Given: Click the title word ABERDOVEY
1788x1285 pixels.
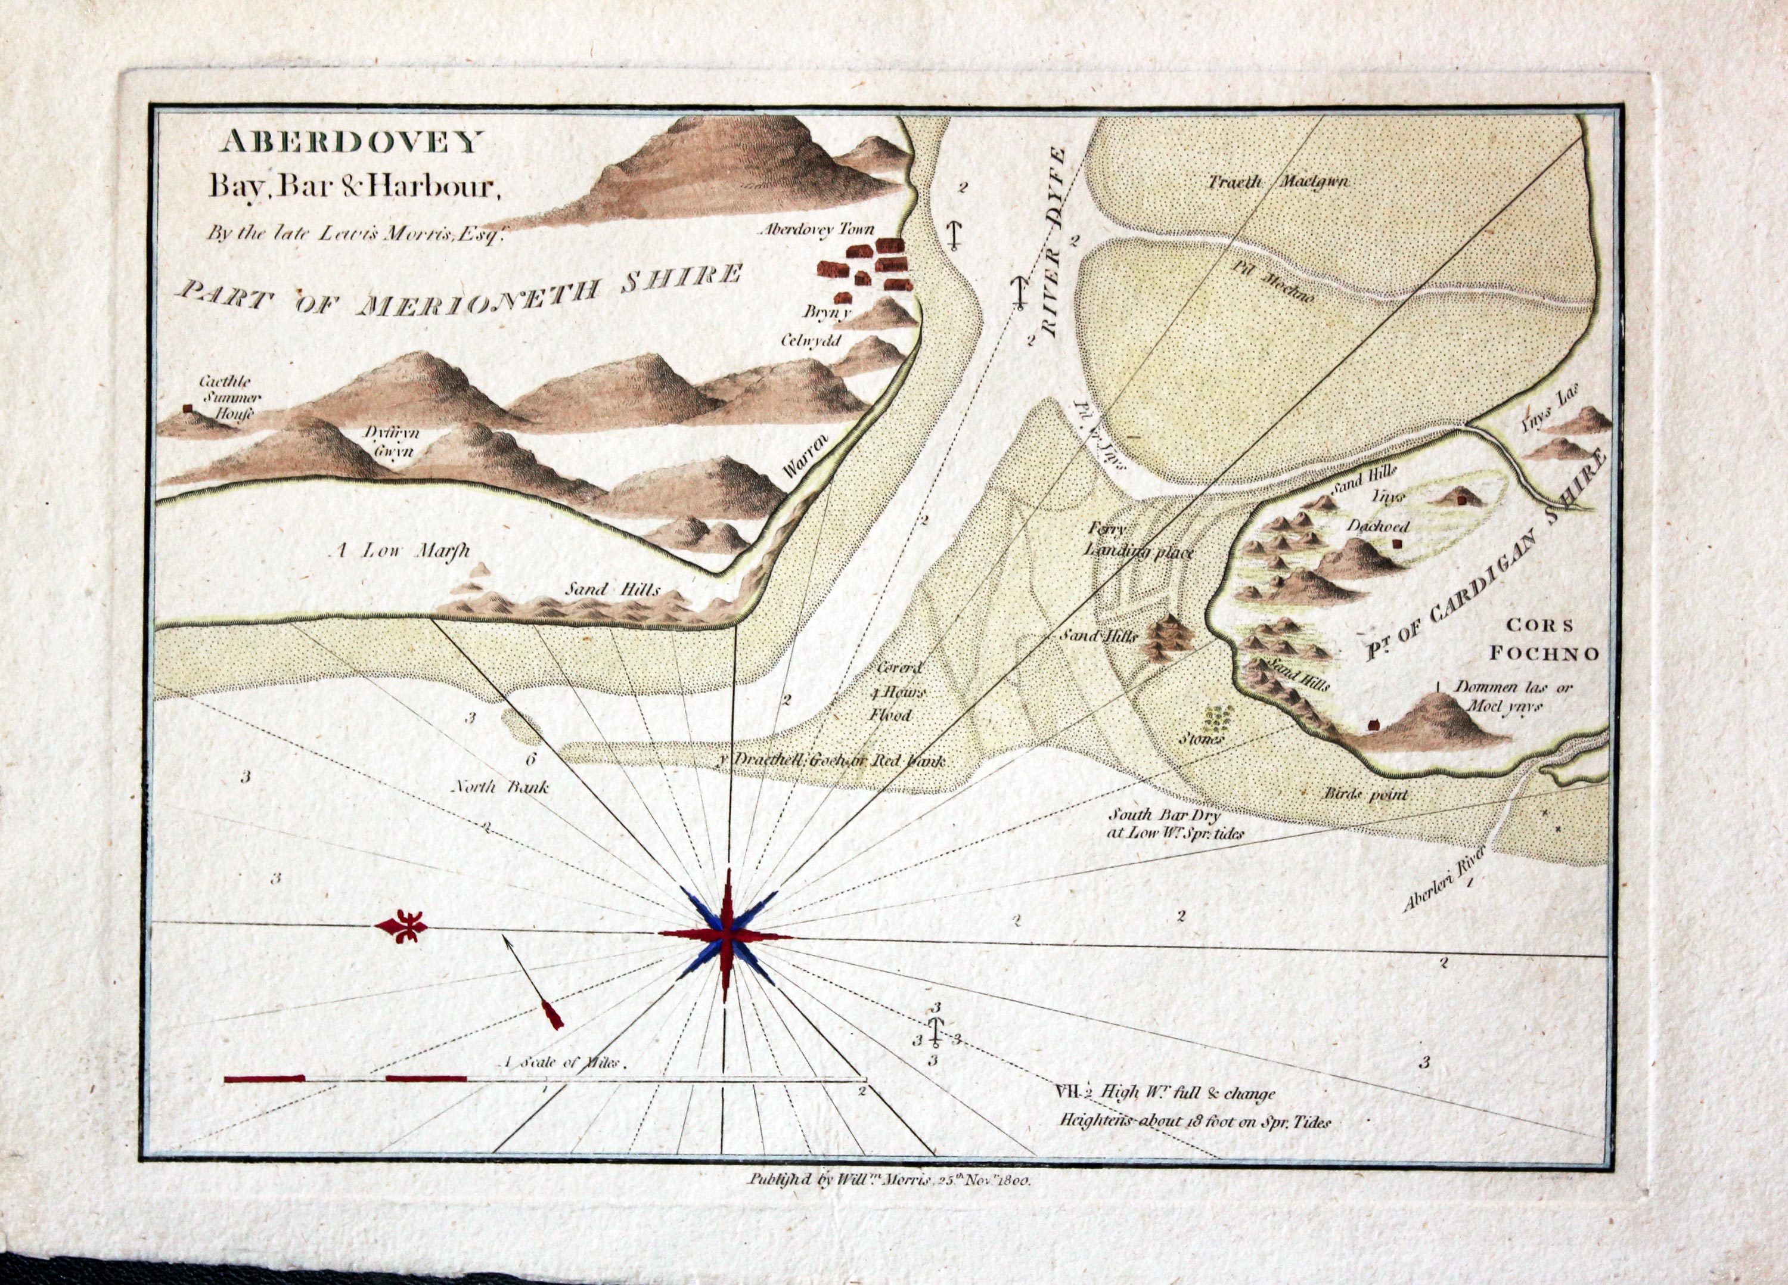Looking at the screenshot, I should pyautogui.click(x=352, y=142).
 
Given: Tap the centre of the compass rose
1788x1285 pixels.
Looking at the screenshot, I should pyautogui.click(x=726, y=935).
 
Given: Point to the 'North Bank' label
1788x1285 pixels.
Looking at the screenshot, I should pyautogui.click(x=499, y=786).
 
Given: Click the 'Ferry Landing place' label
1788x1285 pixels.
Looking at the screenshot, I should pyautogui.click(x=1138, y=540).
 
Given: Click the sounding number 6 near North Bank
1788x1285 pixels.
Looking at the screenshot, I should pyautogui.click(x=530, y=760).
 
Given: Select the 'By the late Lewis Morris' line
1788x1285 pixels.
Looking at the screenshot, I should pyautogui.click(x=355, y=234).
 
